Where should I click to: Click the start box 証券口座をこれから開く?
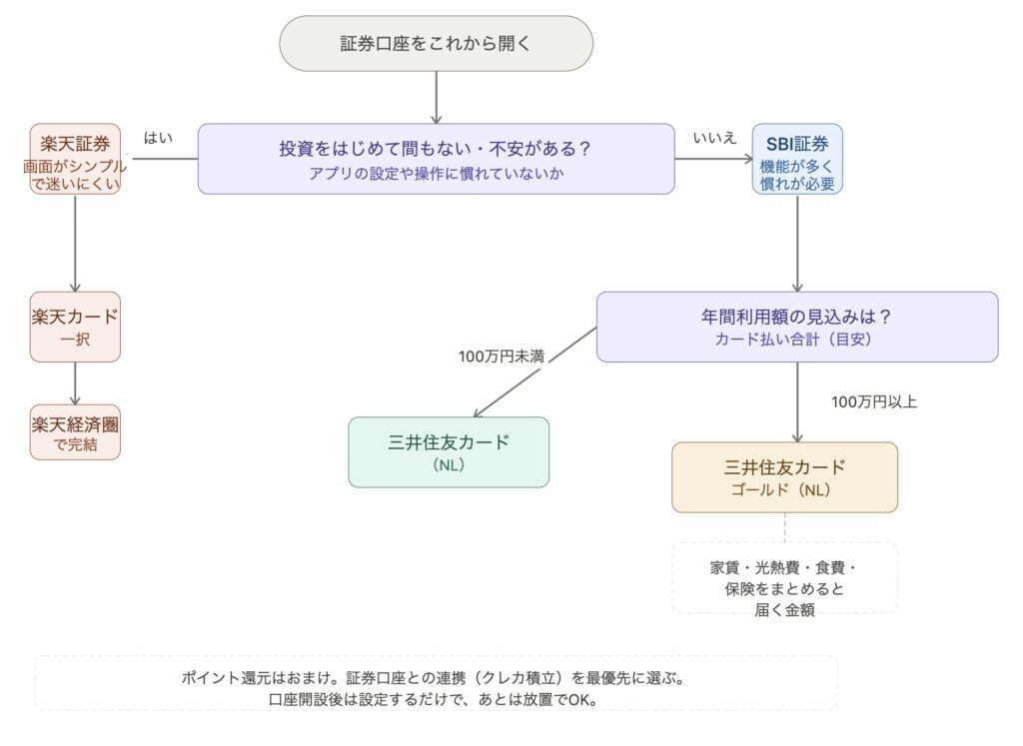(x=436, y=43)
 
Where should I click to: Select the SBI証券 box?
(x=797, y=159)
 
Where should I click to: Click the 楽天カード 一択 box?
(x=75, y=327)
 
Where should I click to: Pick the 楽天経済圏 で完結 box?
(x=75, y=431)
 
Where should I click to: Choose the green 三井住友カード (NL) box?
(x=449, y=452)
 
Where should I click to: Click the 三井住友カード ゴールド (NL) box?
(x=784, y=477)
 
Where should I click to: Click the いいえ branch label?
(x=713, y=138)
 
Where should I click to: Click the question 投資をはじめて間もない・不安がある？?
(x=436, y=149)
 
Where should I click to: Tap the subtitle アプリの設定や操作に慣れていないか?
(x=436, y=172)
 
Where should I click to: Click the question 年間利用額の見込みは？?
(x=796, y=317)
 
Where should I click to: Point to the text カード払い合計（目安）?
(x=796, y=339)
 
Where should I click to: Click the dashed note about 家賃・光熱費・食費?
(x=784, y=578)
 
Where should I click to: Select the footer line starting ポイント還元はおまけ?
(x=436, y=678)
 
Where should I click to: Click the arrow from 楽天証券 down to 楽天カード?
(x=75, y=243)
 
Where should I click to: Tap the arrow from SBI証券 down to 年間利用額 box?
(x=797, y=243)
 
